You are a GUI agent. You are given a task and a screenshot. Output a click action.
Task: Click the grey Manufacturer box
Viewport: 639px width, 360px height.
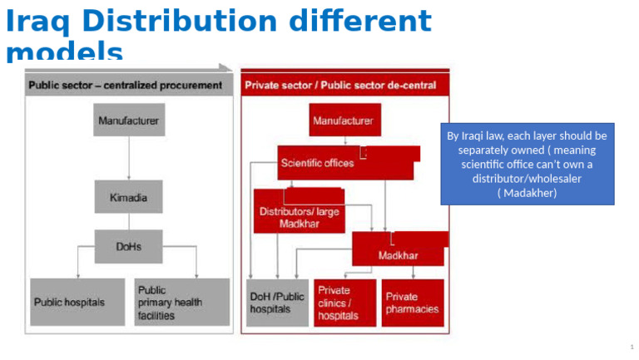(128, 121)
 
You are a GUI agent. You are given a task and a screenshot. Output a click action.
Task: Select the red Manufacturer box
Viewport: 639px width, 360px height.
(344, 121)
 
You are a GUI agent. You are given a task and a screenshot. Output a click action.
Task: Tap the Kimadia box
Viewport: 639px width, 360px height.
(128, 197)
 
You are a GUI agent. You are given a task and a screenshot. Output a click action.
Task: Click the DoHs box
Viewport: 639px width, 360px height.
(128, 246)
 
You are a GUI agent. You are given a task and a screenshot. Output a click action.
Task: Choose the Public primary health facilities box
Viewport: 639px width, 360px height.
(181, 302)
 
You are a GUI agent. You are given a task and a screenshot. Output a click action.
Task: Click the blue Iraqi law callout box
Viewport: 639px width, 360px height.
(527, 164)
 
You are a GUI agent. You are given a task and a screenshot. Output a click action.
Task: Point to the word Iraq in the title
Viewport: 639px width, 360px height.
(38, 22)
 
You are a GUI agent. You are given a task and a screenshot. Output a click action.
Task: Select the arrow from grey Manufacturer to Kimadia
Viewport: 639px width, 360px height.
(128, 158)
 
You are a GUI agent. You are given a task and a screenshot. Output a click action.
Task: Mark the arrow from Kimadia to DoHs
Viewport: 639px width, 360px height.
(128, 221)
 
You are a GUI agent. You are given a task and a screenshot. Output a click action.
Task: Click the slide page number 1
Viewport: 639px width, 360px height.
(632, 346)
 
